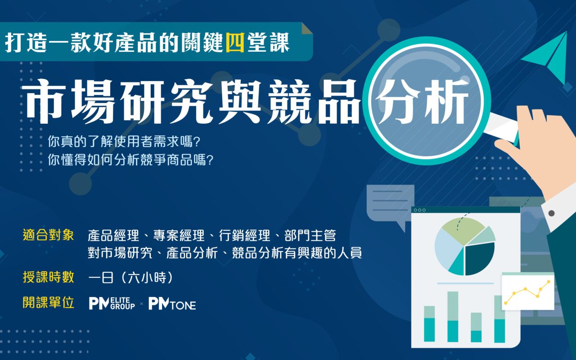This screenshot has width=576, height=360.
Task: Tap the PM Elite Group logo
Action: click(x=112, y=304)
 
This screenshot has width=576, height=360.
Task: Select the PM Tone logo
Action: click(x=172, y=304)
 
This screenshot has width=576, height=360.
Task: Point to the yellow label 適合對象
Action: click(x=48, y=235)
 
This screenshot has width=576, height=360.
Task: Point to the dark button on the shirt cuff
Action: click(x=551, y=213)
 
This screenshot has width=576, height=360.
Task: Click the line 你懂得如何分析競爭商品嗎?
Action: click(x=130, y=160)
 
